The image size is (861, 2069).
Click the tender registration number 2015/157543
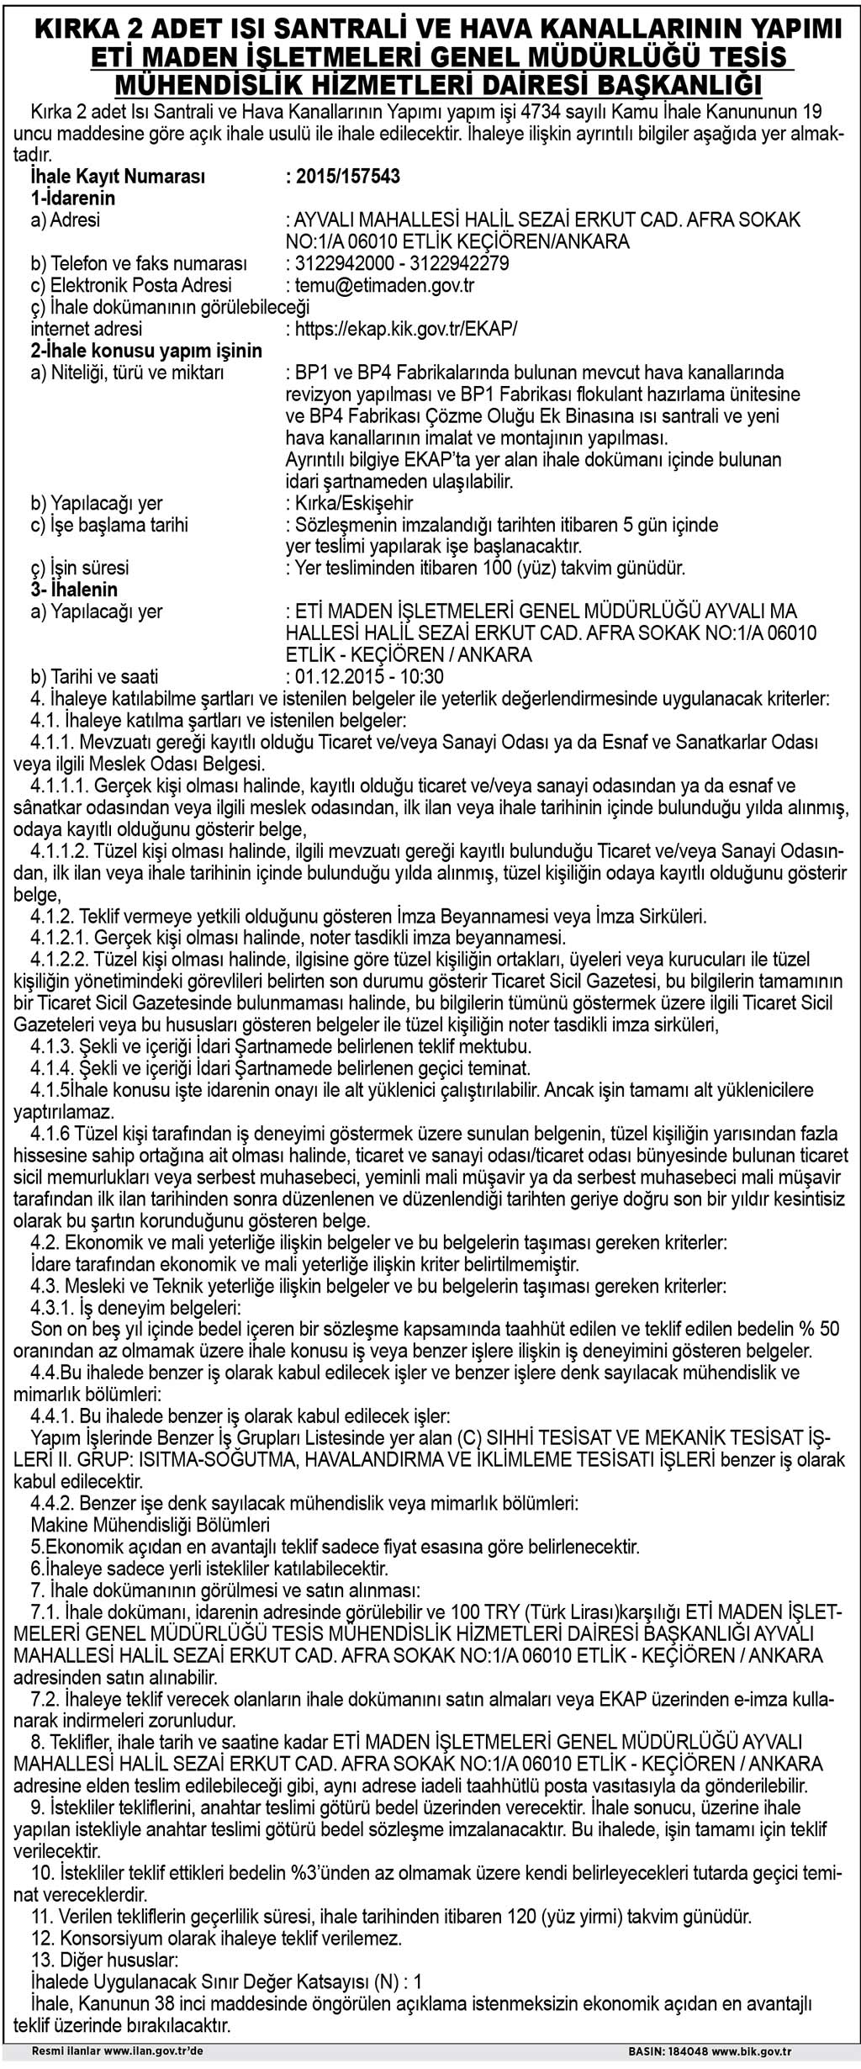click(x=342, y=177)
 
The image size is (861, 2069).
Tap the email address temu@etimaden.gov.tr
click(x=380, y=285)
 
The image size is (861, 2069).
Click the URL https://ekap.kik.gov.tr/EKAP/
click(x=401, y=329)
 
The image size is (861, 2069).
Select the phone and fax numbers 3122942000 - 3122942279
click(x=397, y=263)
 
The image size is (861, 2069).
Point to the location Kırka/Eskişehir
click(x=350, y=503)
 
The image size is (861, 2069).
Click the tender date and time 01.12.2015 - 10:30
click(x=364, y=676)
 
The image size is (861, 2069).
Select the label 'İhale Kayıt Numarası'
click(x=118, y=177)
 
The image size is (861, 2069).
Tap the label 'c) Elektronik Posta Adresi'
click(x=131, y=285)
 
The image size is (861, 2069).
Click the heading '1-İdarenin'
click(x=73, y=198)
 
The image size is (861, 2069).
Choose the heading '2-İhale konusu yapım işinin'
click(x=146, y=350)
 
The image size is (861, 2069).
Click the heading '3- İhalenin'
click(x=74, y=590)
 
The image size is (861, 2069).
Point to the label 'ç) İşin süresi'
click(x=80, y=568)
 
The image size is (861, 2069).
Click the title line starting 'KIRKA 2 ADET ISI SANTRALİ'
click(x=430, y=29)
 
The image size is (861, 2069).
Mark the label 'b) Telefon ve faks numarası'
click(x=139, y=263)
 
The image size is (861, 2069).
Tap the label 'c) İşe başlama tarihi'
click(x=109, y=525)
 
